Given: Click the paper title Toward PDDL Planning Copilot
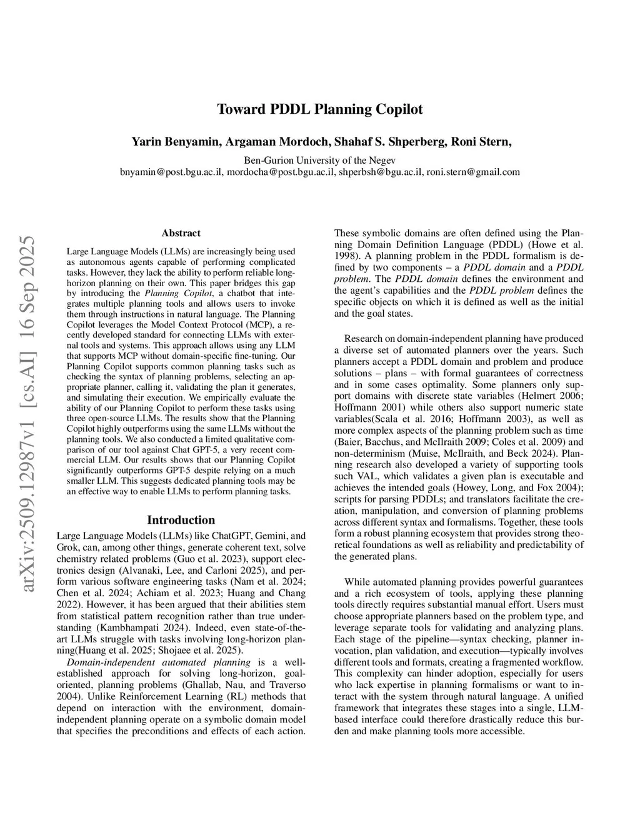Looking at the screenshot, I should tap(319, 109).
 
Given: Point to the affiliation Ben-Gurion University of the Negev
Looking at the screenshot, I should tap(319, 159).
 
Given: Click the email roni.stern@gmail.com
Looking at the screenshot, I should tap(473, 171).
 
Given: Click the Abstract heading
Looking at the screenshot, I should tap(181, 233).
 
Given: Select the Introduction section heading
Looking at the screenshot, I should tap(181, 520).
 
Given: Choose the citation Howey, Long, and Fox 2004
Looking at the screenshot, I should tap(509, 487).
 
